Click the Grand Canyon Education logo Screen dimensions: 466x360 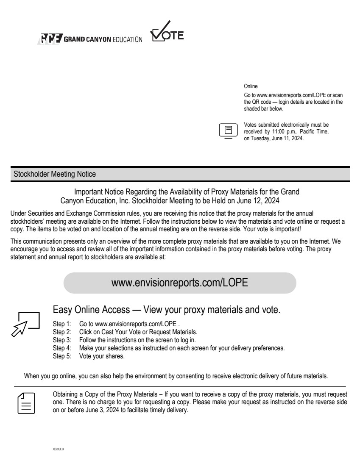pyautogui.click(x=89, y=39)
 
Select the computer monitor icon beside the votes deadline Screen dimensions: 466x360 pyautogui.click(x=228, y=130)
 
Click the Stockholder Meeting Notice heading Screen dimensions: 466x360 pyautogui.click(x=55, y=174)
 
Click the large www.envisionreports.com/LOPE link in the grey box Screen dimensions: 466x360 pyautogui.click(x=180, y=283)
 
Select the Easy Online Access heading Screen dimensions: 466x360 pyautogui.click(x=167, y=309)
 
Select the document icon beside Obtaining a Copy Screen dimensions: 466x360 pyautogui.click(x=26, y=402)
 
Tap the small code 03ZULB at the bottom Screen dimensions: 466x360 pyautogui.click(x=58, y=448)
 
